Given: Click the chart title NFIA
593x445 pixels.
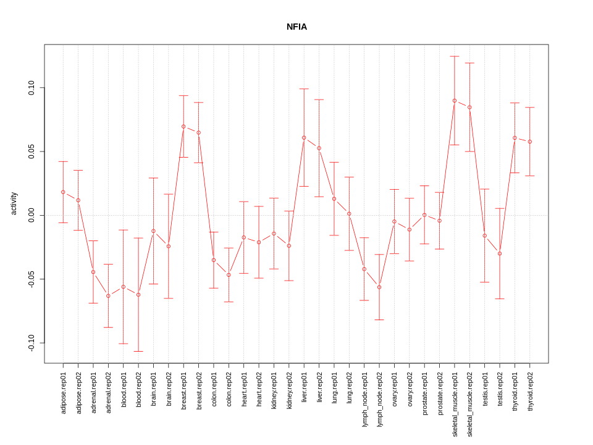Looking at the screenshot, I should tap(296, 27).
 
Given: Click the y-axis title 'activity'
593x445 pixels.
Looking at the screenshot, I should tap(14, 203).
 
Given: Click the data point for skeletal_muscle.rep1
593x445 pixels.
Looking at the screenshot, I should tap(455, 101).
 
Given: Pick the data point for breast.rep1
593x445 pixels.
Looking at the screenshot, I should tap(183, 126).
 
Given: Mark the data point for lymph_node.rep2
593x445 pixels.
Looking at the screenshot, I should tap(379, 287).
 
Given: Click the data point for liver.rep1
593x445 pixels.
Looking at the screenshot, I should tap(304, 138).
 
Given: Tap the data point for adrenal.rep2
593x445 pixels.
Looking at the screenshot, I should tap(108, 296).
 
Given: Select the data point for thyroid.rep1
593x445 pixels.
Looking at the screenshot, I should tap(515, 138).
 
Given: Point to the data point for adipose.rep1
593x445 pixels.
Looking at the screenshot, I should tap(63, 192).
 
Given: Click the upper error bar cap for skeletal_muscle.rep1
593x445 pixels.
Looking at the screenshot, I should tap(455, 56).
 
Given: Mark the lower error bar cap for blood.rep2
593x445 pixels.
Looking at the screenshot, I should tap(138, 351).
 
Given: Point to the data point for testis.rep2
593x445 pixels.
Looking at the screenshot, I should tap(500, 253).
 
